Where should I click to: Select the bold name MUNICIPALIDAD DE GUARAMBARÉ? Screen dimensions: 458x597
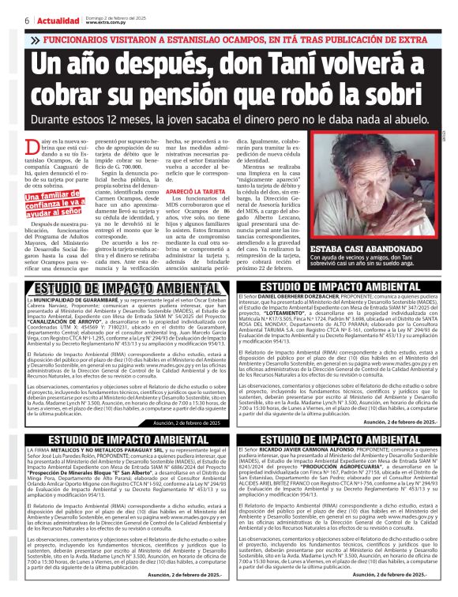pos(81,300)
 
